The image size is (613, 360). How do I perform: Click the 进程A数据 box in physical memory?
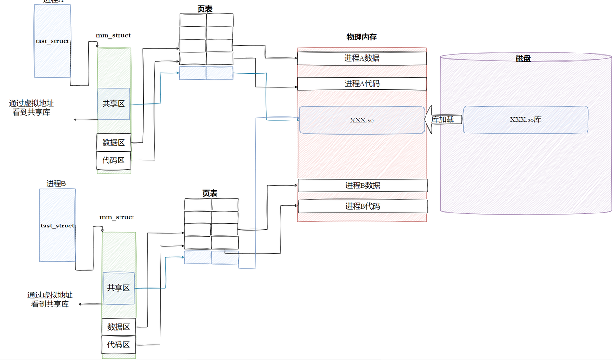(362, 58)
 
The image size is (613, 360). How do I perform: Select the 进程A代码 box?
(362, 84)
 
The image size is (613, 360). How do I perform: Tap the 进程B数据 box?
(362, 186)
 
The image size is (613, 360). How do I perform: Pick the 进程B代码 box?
(362, 206)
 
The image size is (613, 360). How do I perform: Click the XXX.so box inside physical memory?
(361, 120)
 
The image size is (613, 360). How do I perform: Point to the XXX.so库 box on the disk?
(525, 120)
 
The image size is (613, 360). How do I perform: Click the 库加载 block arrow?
(442, 120)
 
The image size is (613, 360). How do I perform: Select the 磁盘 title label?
(523, 58)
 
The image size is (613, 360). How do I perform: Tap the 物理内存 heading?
(361, 37)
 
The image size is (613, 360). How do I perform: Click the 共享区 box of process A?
(114, 104)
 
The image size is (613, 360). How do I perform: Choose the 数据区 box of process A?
(114, 143)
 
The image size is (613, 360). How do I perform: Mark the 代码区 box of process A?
(114, 160)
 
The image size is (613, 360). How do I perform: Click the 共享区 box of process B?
(119, 288)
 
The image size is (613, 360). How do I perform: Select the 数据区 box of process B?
(119, 327)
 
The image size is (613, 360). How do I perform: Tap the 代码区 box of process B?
(119, 345)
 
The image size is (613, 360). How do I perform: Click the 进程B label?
(56, 183)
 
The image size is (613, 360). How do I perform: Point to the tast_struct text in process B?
(57, 226)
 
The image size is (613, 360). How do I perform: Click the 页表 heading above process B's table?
(210, 193)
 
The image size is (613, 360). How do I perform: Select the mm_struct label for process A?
(113, 35)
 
